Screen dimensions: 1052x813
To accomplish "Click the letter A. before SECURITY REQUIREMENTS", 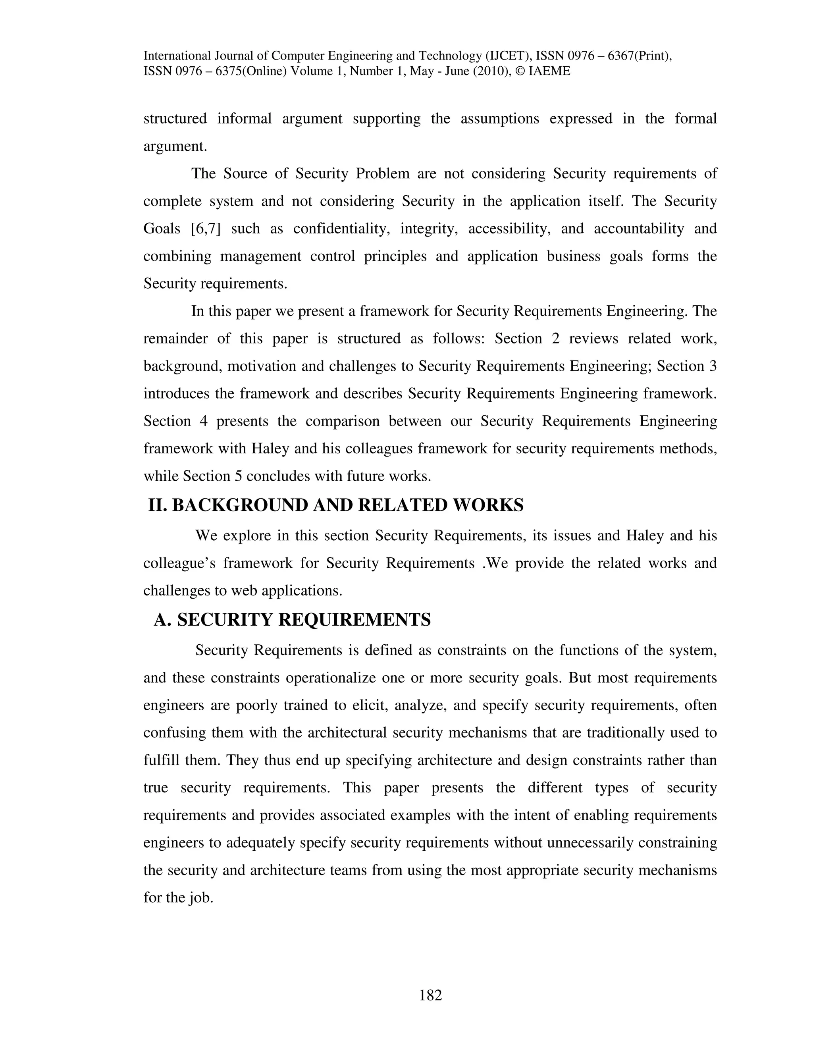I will tap(162, 620).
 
